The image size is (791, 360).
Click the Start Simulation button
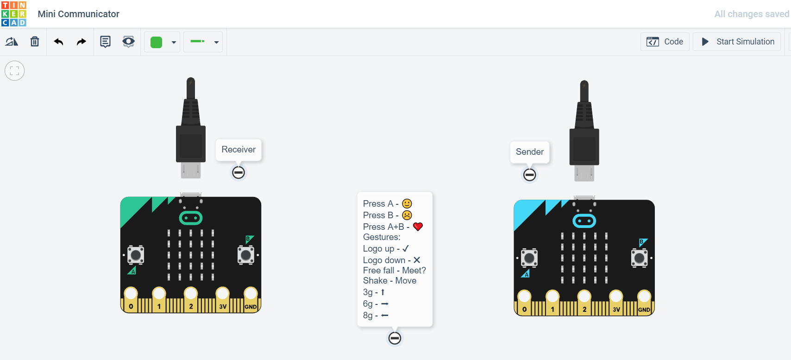pos(737,42)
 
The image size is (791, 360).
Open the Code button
pos(665,42)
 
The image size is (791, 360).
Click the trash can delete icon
pos(35,42)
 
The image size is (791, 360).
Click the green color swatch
pos(157,42)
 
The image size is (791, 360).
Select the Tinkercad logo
pos(14,14)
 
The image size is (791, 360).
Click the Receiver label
pos(239,150)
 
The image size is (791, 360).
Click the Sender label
pos(530,152)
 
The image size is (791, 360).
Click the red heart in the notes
pos(418,227)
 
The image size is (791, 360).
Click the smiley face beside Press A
pos(407,203)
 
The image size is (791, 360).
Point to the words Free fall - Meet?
pos(394,270)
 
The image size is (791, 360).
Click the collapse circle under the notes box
pos(395,338)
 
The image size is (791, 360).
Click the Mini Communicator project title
pos(79,14)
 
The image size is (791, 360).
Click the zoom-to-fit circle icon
pos(14,71)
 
